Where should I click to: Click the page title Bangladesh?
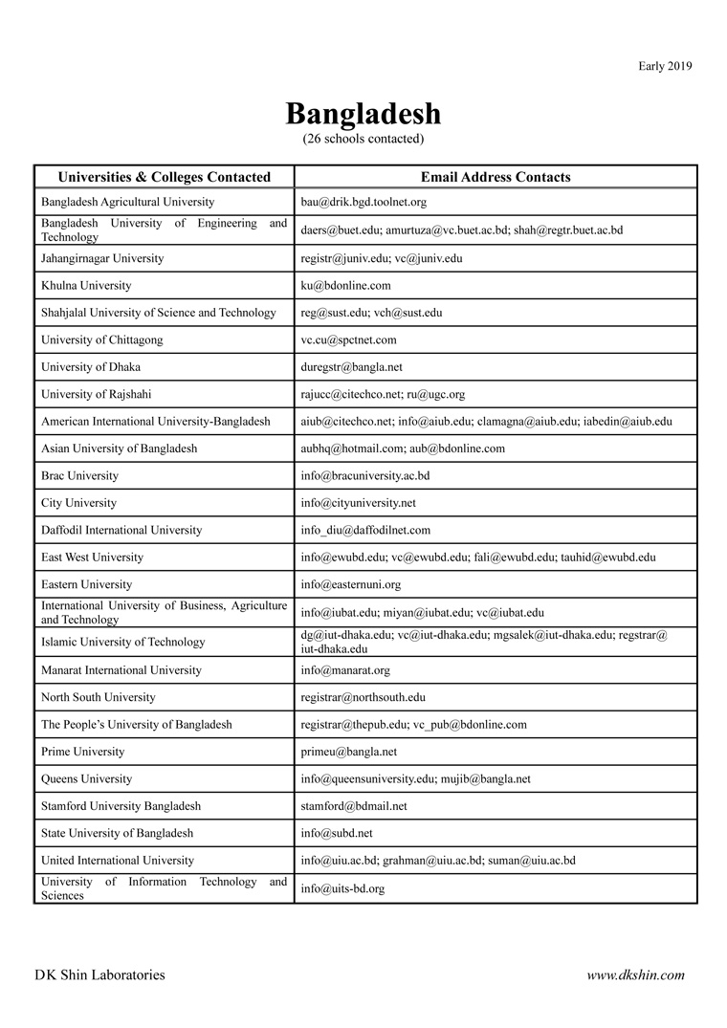point(363,114)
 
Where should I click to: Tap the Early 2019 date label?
point(665,66)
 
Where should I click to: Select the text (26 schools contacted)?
point(363,139)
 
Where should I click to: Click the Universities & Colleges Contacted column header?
point(165,177)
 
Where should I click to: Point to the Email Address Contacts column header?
point(496,177)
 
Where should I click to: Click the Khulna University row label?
point(86,285)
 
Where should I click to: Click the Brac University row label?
point(80,475)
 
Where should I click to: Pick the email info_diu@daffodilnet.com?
point(365,530)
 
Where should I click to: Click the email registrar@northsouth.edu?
point(363,697)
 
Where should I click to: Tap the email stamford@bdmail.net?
point(354,806)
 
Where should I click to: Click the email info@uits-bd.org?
point(342,888)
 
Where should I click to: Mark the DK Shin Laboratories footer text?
point(99,975)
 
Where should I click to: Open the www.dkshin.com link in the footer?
point(636,975)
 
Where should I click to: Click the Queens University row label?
point(87,778)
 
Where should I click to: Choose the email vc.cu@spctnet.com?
point(348,339)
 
